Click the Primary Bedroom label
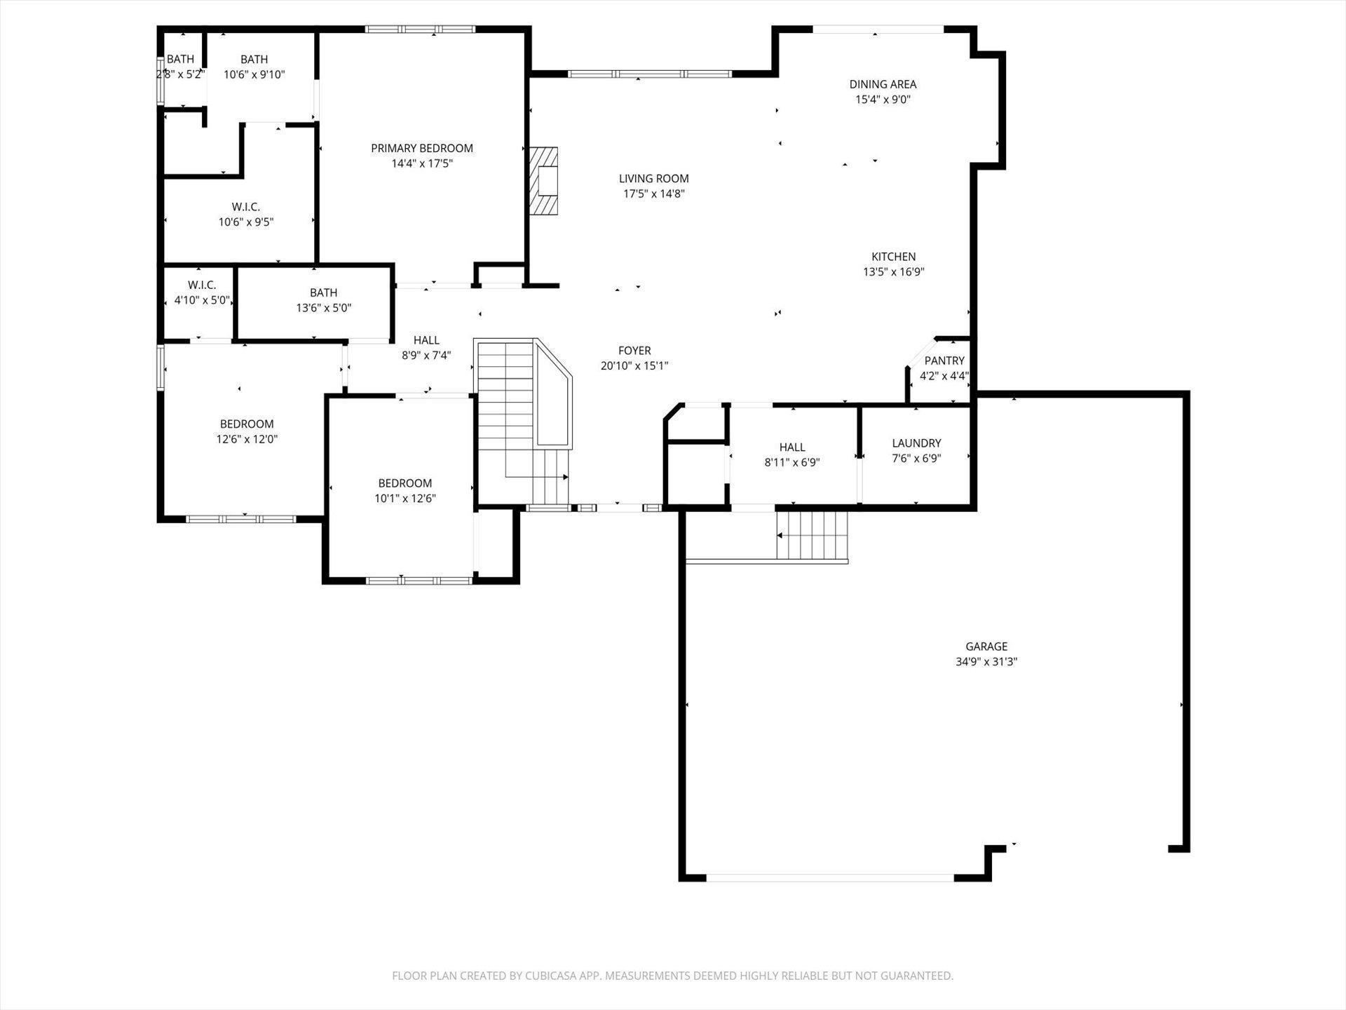422,148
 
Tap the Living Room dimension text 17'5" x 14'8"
654,194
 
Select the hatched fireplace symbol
543,180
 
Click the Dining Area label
883,84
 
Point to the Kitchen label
894,257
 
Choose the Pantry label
944,361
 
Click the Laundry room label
916,443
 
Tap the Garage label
986,647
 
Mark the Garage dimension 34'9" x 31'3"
986,661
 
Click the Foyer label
634,351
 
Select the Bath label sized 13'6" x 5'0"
323,292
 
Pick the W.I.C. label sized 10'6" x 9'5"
245,207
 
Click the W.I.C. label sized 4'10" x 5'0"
202,285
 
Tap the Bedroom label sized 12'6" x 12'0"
247,424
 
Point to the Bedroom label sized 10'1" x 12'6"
405,483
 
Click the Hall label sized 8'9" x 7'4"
426,340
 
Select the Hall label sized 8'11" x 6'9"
792,447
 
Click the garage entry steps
812,536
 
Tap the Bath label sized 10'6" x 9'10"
254,60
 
